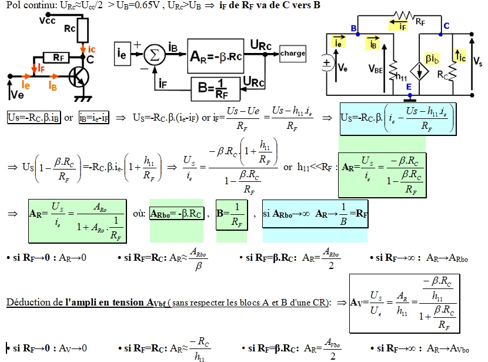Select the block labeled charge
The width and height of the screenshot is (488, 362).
coord(293,54)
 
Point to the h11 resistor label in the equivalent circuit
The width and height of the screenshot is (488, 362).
coord(402,75)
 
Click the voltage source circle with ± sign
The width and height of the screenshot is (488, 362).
coord(326,65)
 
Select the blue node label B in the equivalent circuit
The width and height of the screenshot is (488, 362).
coord(353,28)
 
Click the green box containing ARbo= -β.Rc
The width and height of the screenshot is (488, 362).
coord(176,214)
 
